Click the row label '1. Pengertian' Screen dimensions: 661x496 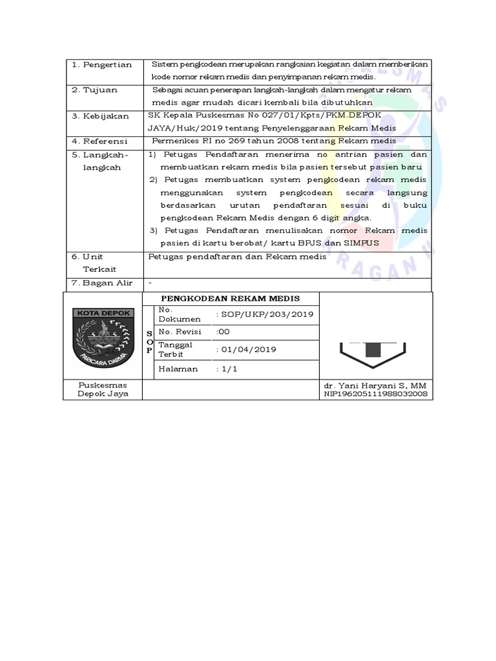pos(101,65)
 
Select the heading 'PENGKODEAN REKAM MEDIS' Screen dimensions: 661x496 pos(231,299)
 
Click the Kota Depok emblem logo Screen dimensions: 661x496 pos(103,338)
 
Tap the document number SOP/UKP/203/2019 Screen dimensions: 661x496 pos(265,314)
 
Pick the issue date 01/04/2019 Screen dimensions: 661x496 pos(249,350)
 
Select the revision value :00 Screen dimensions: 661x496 pos(223,332)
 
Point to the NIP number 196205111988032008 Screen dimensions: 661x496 pos(376,393)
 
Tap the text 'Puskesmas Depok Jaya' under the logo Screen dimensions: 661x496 pos(103,389)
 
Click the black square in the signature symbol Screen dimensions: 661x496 pos(372,349)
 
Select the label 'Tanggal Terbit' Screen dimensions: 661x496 pos(171,350)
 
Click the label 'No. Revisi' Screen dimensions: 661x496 pos(180,332)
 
